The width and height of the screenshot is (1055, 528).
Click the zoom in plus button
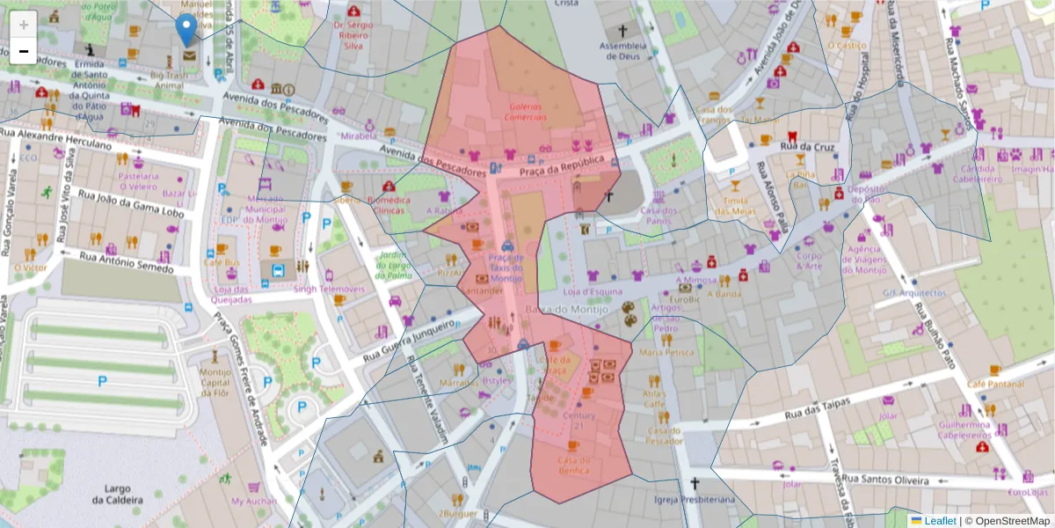pos(24,24)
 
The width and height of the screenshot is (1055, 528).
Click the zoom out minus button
pos(24,51)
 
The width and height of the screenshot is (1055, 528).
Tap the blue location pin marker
pos(186,29)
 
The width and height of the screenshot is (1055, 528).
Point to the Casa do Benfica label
pos(573,466)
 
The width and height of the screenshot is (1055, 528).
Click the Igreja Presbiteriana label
pos(694,499)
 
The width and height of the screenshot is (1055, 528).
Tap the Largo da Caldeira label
pos(117,494)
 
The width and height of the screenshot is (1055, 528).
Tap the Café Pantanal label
pos(995,385)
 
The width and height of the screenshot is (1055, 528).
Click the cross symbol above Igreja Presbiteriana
pos(695,483)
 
